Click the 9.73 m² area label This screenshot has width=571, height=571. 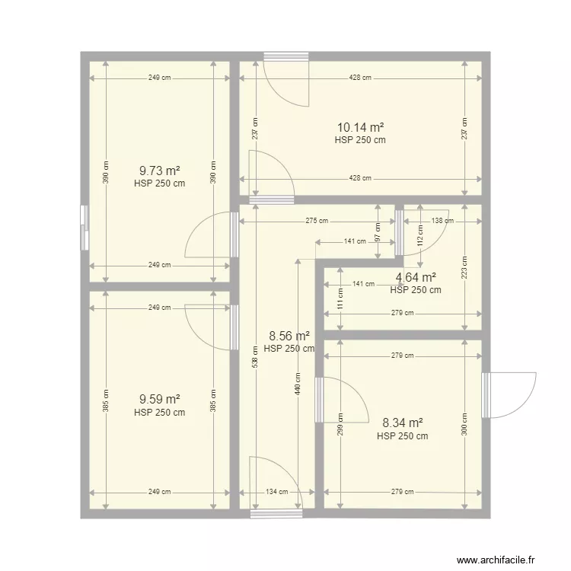[160, 171]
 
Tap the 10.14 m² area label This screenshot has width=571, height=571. [360, 127]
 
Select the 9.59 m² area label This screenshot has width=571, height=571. [160, 399]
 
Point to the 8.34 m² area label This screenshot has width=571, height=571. [403, 423]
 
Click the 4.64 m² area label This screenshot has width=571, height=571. [416, 277]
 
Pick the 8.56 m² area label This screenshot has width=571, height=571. [289, 336]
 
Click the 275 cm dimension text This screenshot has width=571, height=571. [317, 221]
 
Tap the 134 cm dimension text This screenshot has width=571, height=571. [277, 492]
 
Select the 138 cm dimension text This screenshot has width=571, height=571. [442, 221]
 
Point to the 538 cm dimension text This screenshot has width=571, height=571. [255, 356]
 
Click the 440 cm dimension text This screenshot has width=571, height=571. [298, 384]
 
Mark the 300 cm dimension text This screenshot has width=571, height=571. [464, 424]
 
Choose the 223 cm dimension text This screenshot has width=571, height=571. [464, 268]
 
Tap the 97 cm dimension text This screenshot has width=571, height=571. [378, 232]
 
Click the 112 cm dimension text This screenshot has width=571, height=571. [420, 235]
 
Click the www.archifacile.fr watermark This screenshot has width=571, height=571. [496, 560]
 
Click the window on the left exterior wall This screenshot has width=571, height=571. [85, 228]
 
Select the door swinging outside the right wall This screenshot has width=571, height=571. [509, 395]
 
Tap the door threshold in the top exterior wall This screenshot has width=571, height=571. [286, 56]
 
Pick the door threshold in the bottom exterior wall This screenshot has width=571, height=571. [276, 513]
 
